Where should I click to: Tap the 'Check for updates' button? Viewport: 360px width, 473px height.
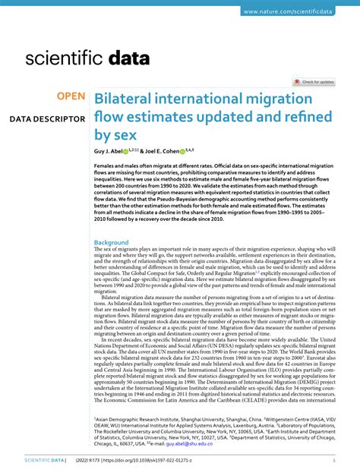click(x=314, y=81)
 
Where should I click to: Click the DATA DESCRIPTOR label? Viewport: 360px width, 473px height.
click(x=46, y=119)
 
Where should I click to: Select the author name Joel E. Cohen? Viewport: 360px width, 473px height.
click(x=166, y=152)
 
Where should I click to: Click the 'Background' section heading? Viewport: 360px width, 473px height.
click(x=112, y=242)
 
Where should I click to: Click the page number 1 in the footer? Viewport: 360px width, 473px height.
click(x=334, y=459)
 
